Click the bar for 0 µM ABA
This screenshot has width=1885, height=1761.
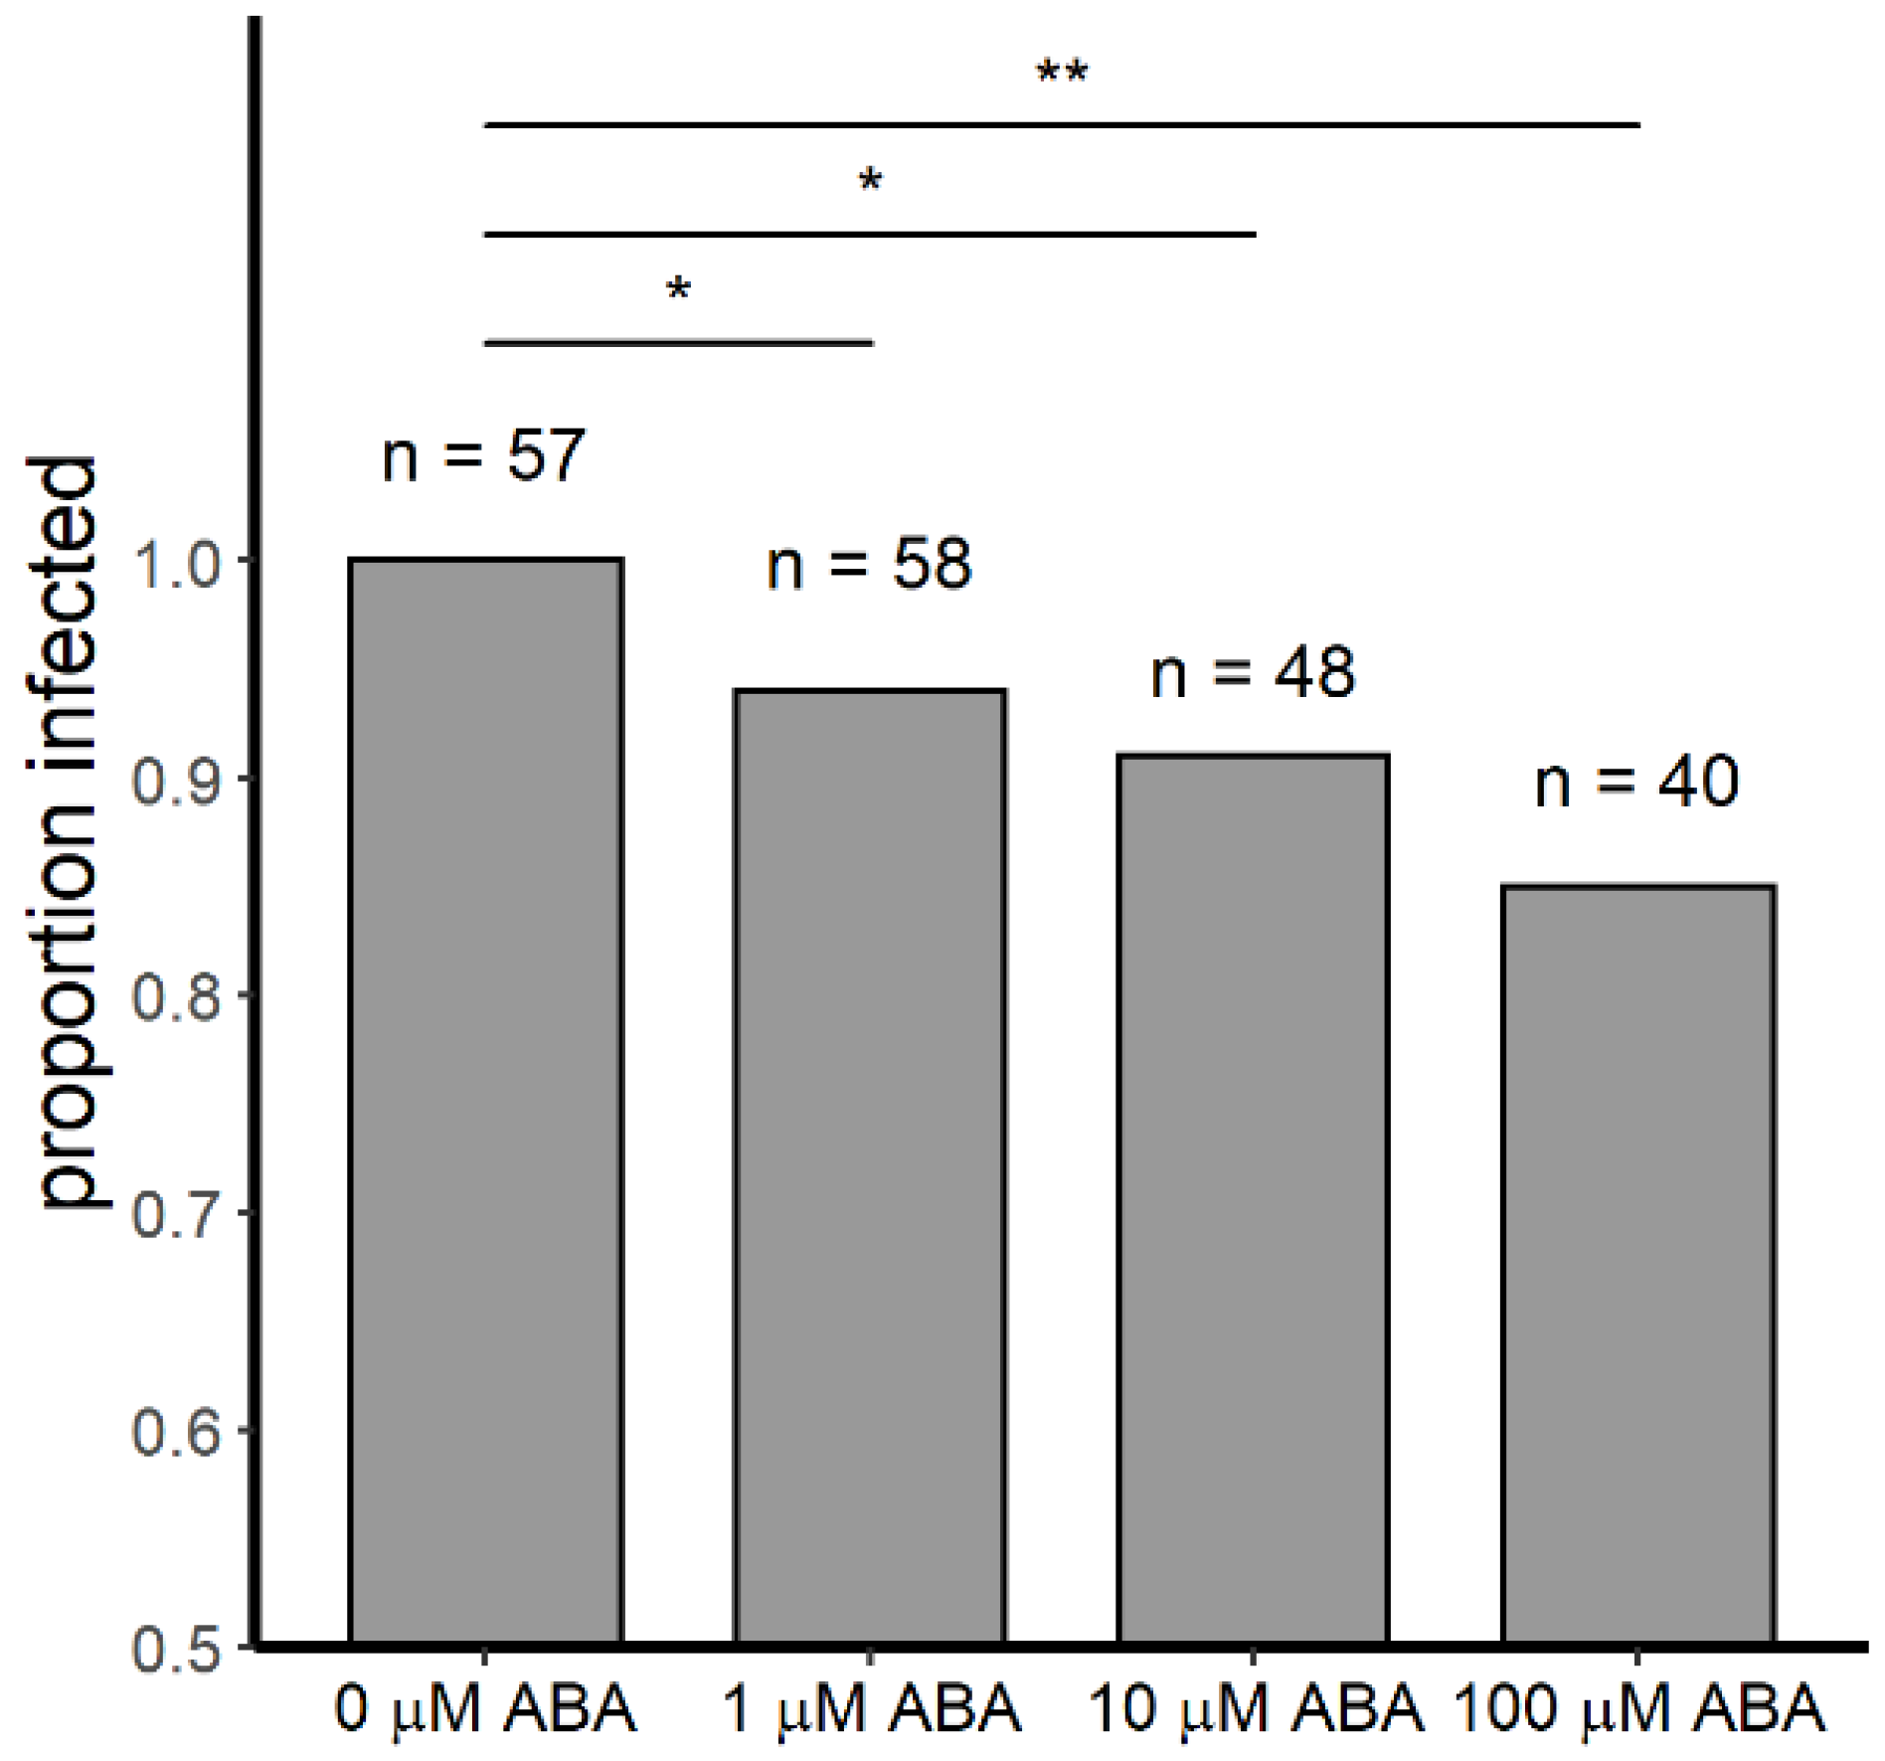click(x=485, y=1099)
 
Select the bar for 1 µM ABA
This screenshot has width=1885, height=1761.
click(x=870, y=1163)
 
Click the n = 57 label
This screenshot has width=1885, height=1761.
click(x=484, y=456)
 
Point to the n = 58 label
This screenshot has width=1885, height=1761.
click(x=869, y=565)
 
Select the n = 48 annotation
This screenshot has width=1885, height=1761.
click(x=1253, y=673)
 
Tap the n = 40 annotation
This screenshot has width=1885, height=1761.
click(x=1636, y=782)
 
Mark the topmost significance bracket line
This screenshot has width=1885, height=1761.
click(x=1062, y=125)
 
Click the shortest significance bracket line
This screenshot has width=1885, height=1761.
click(x=678, y=343)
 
